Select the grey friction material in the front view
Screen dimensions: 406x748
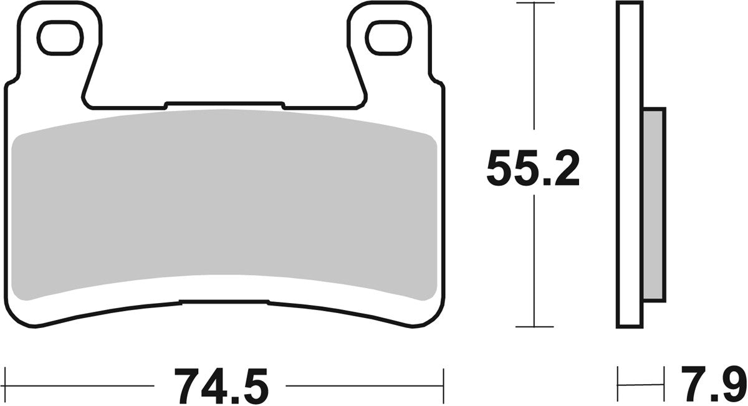pos(224,206)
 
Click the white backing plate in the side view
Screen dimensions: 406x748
pos(629,165)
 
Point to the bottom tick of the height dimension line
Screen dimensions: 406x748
pos(534,327)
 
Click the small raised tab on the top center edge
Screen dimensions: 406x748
pos(224,104)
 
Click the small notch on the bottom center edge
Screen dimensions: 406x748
pos(224,302)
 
